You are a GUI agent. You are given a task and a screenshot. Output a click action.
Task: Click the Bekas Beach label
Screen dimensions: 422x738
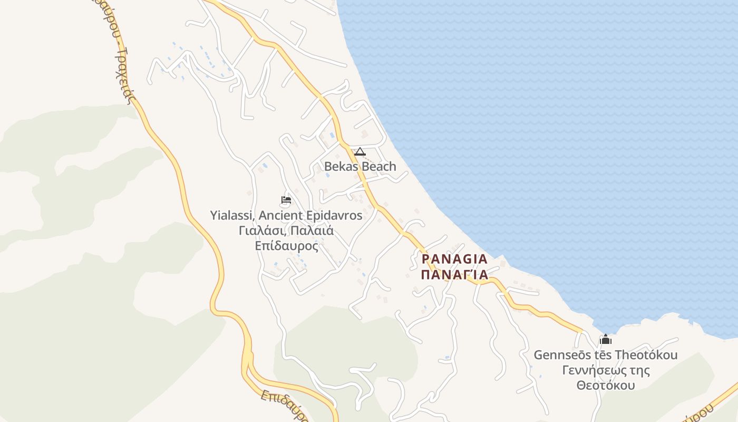coord(360,167)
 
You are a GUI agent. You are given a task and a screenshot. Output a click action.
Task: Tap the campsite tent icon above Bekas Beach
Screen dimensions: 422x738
coord(360,152)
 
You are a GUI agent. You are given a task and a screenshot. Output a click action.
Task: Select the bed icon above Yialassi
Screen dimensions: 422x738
coord(286,200)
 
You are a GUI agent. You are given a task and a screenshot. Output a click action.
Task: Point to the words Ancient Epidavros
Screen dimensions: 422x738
coord(310,215)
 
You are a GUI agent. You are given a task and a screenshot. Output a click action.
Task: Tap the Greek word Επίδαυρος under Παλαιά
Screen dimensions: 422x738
coord(286,246)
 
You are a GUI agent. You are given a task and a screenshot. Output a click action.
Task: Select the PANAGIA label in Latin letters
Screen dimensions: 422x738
coord(455,260)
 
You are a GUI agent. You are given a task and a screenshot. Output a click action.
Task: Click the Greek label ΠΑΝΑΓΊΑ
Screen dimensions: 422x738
coord(455,275)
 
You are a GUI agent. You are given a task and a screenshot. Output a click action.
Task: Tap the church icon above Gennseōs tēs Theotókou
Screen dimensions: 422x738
coord(606,339)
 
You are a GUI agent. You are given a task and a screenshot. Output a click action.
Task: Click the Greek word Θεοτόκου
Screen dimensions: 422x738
coord(606,386)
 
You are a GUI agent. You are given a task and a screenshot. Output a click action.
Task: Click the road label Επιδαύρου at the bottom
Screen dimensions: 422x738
coord(284,406)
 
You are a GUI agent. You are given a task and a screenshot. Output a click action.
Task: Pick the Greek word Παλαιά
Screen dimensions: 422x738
coord(311,231)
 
